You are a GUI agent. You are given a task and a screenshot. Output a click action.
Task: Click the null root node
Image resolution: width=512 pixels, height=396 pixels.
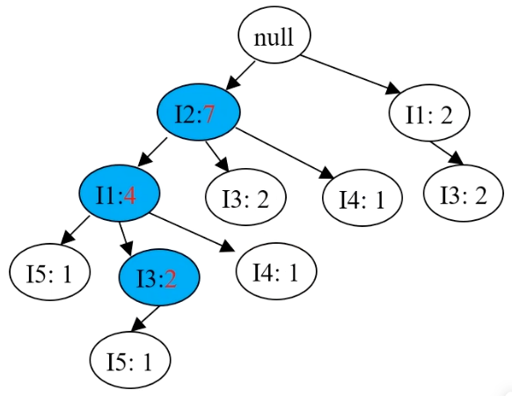[x=274, y=35]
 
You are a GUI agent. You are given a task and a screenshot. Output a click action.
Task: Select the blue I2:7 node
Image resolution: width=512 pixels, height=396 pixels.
[x=199, y=112]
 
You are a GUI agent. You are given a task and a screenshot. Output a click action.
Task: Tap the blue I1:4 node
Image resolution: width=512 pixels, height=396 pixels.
[x=119, y=194]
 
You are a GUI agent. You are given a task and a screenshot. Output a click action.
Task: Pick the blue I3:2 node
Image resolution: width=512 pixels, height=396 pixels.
[x=159, y=277]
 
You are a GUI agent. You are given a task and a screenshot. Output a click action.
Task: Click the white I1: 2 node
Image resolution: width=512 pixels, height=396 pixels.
[x=429, y=113]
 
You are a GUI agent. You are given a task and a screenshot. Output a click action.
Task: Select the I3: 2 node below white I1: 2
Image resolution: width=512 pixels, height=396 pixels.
[x=464, y=193]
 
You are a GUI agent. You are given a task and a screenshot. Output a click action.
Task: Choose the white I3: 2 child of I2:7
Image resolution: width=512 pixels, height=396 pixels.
[x=245, y=197]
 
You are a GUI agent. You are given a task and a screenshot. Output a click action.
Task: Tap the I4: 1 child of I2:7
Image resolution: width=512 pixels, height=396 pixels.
[x=362, y=198]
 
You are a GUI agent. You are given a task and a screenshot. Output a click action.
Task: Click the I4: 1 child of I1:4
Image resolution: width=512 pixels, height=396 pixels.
[x=276, y=271]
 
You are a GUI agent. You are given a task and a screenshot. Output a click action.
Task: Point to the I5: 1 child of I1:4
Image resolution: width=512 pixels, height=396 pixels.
[x=49, y=272]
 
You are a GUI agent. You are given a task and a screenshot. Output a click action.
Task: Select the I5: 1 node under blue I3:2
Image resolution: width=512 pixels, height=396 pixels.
[x=130, y=360]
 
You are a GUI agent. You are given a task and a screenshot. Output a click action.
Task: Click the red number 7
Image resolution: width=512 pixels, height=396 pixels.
[x=209, y=114]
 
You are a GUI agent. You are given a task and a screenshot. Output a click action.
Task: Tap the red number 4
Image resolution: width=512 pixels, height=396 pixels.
[x=129, y=196]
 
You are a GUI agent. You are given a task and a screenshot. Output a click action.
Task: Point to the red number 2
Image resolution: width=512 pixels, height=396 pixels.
[x=171, y=280]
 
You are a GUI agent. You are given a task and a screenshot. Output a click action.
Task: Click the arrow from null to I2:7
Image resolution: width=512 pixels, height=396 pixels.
[x=240, y=76]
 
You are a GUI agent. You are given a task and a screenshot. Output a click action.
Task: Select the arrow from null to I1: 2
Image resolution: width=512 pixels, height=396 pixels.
[x=350, y=75]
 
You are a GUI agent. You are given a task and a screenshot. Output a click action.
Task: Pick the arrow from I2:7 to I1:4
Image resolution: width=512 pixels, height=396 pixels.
[x=152, y=152]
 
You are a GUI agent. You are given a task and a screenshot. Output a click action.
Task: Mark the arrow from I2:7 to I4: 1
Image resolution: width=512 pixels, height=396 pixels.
[x=285, y=154]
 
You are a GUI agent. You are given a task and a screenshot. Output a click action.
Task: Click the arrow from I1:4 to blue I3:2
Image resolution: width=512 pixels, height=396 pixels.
[x=126, y=238]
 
